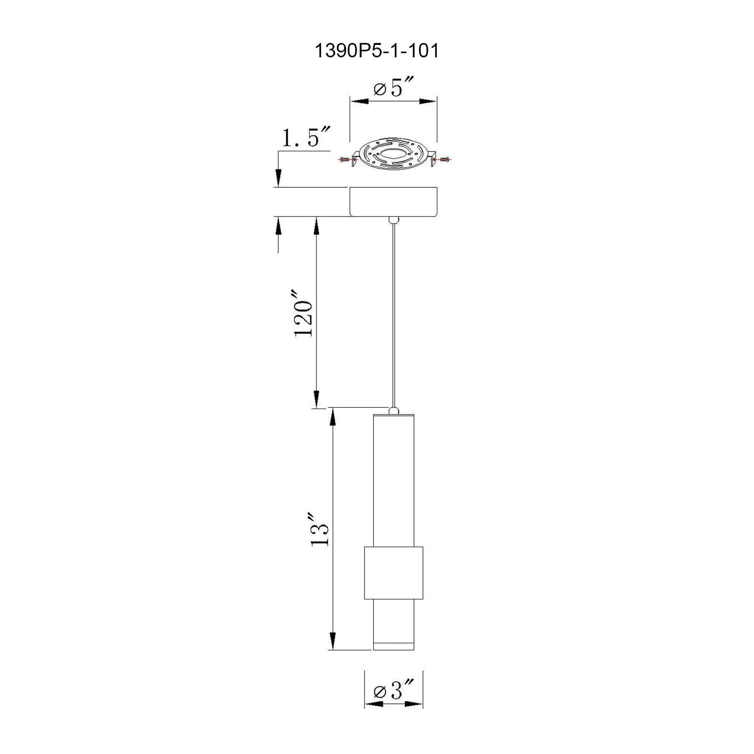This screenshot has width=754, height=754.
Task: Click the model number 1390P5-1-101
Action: [377, 51]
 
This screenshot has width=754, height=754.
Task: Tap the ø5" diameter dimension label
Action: [393, 89]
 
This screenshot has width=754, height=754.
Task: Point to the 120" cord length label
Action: [303, 313]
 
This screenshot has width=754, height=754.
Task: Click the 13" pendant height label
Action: [320, 530]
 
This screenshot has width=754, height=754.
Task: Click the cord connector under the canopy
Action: [393, 220]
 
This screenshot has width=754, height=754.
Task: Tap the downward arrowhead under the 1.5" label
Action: [278, 177]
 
